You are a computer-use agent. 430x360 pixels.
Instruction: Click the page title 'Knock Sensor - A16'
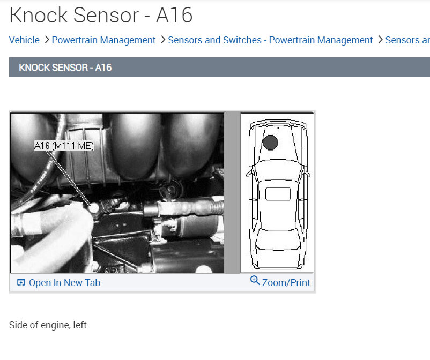[x=101, y=15]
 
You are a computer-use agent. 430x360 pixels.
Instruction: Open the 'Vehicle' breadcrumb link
[x=24, y=40]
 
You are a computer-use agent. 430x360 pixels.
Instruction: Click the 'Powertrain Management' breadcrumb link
[x=103, y=40]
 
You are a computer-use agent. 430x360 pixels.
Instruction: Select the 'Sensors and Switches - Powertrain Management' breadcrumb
[x=270, y=40]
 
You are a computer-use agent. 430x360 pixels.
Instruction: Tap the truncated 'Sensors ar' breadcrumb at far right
[x=407, y=40]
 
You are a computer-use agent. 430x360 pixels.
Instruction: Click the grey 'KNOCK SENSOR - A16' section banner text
[x=65, y=67]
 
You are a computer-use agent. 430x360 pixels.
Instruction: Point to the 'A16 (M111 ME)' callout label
[x=64, y=146]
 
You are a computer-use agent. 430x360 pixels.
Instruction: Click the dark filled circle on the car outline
[x=270, y=142]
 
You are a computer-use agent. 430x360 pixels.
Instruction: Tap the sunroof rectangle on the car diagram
[x=278, y=194]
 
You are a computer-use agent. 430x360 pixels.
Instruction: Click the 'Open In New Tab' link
[x=64, y=283]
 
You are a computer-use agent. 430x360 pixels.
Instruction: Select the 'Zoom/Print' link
[x=286, y=283]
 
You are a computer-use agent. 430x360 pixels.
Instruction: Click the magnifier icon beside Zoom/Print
[x=255, y=281]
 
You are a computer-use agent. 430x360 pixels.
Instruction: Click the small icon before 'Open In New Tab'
[x=21, y=283]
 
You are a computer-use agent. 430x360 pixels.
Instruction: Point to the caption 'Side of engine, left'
[x=48, y=325]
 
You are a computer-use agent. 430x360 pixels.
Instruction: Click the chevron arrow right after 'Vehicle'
[x=47, y=40]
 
